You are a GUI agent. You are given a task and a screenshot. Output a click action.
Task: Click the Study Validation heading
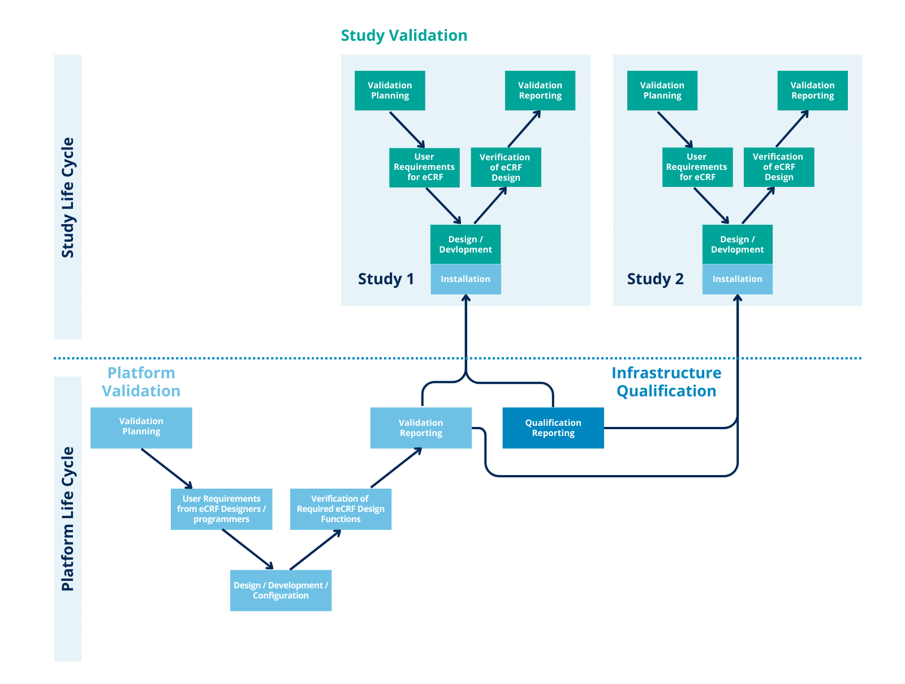point(404,35)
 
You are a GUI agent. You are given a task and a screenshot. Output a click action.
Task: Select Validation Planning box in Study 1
point(390,91)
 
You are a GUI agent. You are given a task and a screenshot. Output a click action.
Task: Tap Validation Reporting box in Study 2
point(812,91)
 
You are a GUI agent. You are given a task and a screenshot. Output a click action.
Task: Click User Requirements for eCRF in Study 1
point(424,167)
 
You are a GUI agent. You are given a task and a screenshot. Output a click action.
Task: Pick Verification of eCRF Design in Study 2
point(778,167)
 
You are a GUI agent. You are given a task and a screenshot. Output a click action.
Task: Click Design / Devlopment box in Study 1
point(466,245)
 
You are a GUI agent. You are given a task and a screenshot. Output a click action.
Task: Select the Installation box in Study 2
point(737,279)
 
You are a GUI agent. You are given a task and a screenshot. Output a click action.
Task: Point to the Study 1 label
point(386,279)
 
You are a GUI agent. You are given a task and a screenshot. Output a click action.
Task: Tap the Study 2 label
point(655,279)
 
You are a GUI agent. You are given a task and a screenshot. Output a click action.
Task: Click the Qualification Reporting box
point(553,428)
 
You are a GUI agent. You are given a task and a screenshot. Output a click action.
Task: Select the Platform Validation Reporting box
point(421,428)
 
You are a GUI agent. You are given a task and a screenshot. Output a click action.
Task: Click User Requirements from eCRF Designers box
point(221,509)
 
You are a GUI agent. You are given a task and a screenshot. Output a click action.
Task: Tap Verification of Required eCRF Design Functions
point(341,509)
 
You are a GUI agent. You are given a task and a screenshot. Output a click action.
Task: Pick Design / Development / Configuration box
point(281,591)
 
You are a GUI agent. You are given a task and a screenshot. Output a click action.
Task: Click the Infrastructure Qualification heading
point(666,382)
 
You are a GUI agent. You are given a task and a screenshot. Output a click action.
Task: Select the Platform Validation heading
point(141,382)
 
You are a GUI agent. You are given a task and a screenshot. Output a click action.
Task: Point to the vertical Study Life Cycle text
point(68,198)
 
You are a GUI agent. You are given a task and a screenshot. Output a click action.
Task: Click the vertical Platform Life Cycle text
point(68,519)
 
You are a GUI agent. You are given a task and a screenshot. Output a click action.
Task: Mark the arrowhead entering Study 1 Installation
point(466,298)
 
